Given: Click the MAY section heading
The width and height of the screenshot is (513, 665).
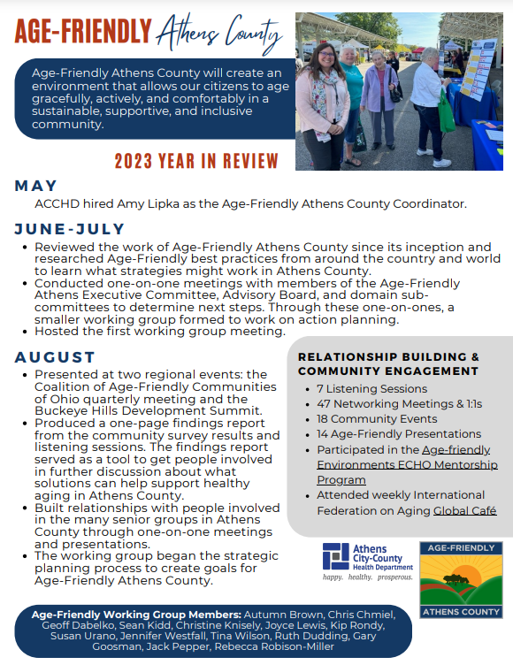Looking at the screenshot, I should click(x=35, y=187).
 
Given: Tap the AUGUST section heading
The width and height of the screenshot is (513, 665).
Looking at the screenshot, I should click(x=55, y=357).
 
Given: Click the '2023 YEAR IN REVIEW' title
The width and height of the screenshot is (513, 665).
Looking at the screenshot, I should click(x=196, y=161).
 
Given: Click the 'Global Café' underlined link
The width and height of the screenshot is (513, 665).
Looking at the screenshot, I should click(x=464, y=511).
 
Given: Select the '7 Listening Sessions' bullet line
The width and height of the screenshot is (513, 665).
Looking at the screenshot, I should click(x=371, y=388).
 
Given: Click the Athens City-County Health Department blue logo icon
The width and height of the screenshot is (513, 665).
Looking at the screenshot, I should click(x=336, y=557).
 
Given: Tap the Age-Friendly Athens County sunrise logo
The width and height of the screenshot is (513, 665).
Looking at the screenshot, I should click(x=460, y=579).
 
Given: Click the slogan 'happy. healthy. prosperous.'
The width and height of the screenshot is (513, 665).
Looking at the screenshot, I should click(x=367, y=577).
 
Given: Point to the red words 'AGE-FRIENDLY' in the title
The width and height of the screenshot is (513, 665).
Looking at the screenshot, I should click(x=83, y=32).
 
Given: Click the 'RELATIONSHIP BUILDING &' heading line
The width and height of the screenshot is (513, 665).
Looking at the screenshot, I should click(x=388, y=356).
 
